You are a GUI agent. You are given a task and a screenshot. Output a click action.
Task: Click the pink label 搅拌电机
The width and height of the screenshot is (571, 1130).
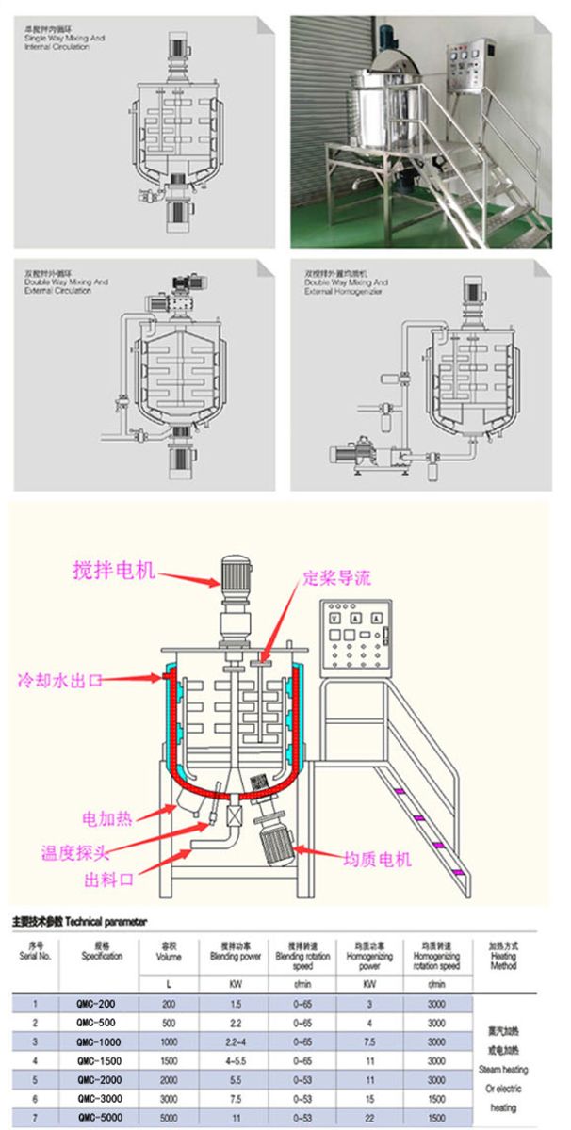(114, 572)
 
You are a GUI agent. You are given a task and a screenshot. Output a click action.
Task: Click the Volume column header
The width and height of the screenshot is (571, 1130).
(169, 955)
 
